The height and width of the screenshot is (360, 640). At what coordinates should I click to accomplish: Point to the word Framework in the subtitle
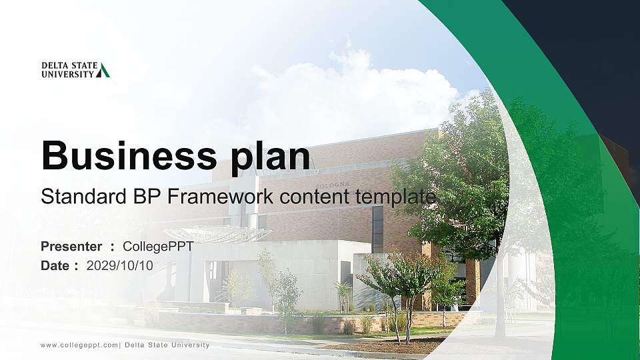click(221, 197)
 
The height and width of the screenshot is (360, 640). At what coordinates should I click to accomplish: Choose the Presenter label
click(71, 247)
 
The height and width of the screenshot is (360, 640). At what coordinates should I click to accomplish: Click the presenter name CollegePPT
click(158, 247)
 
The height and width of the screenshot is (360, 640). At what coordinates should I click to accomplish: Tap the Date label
click(55, 265)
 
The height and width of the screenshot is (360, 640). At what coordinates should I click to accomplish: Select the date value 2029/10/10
click(120, 265)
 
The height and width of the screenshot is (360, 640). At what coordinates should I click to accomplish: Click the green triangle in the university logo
click(103, 70)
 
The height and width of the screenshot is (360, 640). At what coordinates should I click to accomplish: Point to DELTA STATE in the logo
click(69, 66)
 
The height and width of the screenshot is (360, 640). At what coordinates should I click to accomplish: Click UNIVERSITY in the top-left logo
click(67, 74)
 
